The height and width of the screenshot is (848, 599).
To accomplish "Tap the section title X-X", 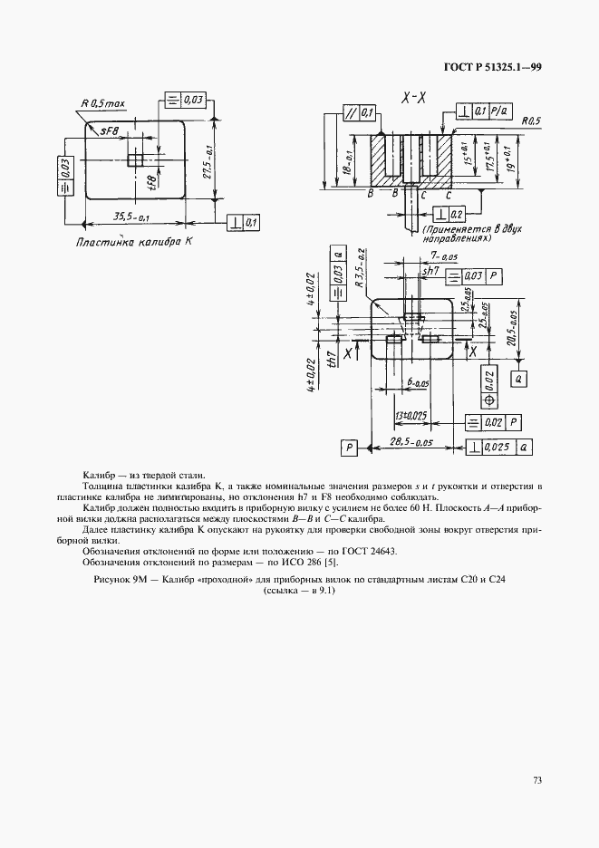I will tap(412, 98).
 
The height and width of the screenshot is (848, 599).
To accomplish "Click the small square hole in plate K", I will tap(135, 160).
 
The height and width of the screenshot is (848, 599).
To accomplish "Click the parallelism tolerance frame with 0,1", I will tap(360, 113).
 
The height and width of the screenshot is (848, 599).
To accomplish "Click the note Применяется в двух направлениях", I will tap(457, 236).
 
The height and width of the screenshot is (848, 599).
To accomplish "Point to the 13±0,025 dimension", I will tap(411, 416).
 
